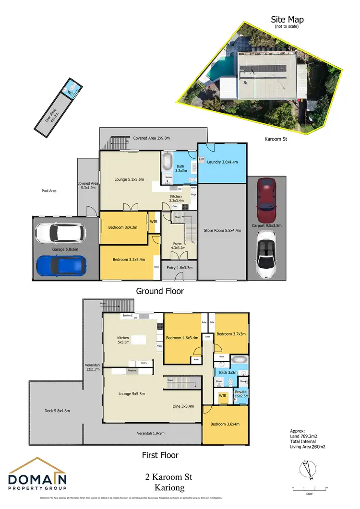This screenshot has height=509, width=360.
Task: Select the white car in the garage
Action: (61, 233)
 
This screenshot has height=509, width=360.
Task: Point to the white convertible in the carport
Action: (266, 255)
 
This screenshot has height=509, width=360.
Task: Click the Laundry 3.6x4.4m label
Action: (222, 162)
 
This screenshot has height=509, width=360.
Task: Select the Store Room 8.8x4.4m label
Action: (222, 231)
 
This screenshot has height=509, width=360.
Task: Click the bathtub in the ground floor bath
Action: (168, 160)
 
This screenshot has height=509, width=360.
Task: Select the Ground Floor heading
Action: (160, 291)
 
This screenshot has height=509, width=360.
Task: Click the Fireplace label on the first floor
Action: (132, 371)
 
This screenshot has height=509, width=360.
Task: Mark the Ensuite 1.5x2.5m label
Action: (240, 394)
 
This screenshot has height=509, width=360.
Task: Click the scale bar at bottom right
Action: (309, 488)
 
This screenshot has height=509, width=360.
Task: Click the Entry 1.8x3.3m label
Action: (178, 268)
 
